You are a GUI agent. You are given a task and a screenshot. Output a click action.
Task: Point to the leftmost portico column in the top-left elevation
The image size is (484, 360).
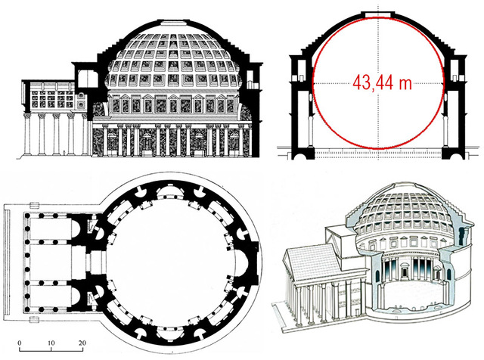click(29, 136)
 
